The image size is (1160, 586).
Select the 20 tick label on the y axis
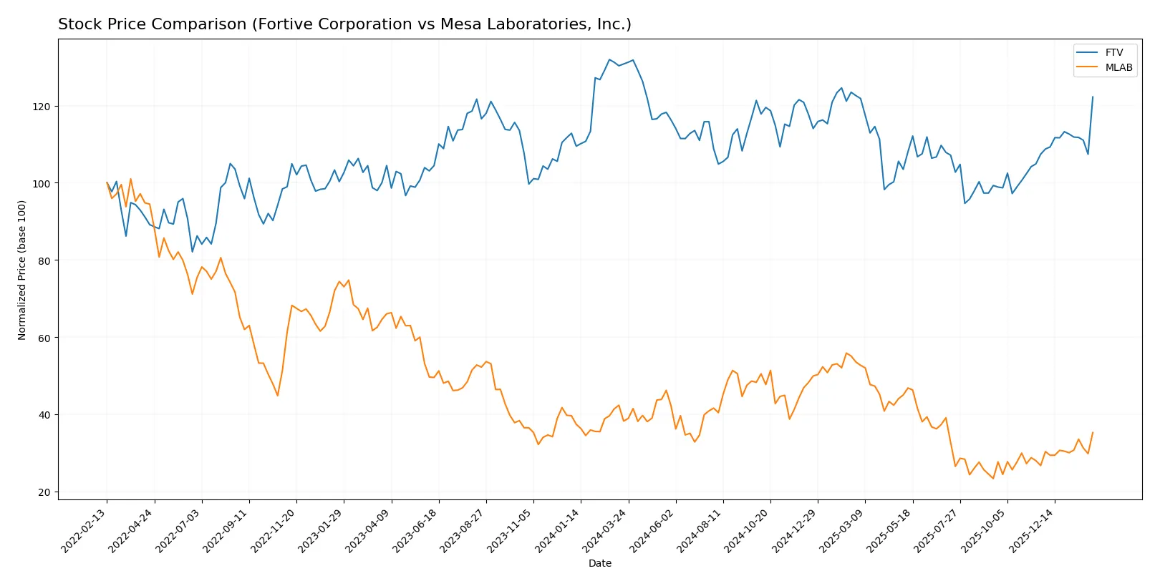click(44, 492)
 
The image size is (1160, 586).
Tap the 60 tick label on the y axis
click(44, 338)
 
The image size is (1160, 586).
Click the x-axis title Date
click(599, 563)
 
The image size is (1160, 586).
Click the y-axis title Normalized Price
click(22, 270)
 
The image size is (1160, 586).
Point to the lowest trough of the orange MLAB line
click(993, 478)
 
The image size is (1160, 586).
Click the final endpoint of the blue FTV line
click(1093, 97)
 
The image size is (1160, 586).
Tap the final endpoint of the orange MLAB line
click(1093, 432)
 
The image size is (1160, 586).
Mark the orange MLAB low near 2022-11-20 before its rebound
click(278, 396)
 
